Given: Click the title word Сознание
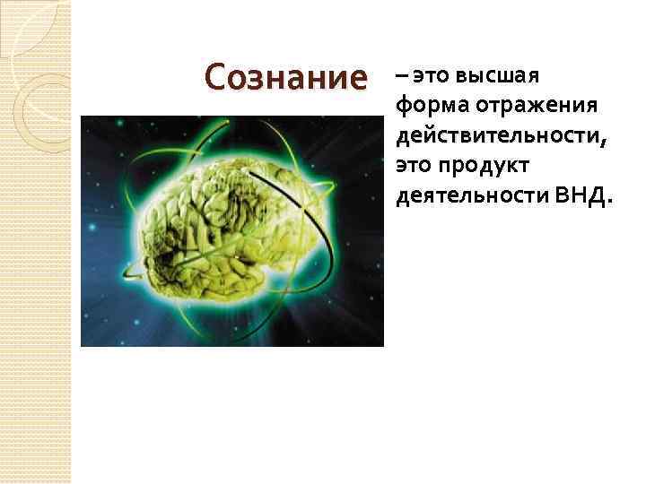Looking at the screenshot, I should pyautogui.click(x=285, y=77).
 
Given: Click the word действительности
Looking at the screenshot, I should pyautogui.click(x=491, y=136).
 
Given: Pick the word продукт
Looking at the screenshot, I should pyautogui.click(x=486, y=166).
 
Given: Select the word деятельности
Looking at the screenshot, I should pyautogui.click(x=461, y=195).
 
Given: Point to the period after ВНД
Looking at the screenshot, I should pyautogui.click(x=610, y=202).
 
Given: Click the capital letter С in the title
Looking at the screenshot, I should pyautogui.click(x=216, y=77).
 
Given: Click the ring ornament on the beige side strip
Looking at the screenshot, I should pyautogui.click(x=40, y=99).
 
